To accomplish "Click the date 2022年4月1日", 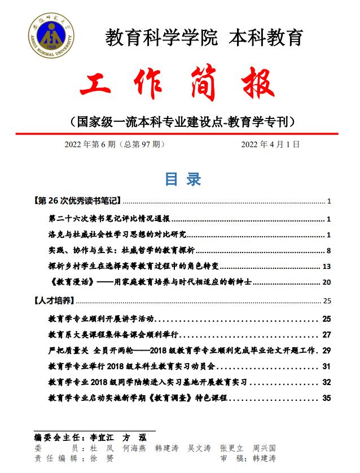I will click(x=270, y=144).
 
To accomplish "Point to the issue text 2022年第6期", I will click(x=90, y=144).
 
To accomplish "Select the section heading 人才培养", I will click(x=55, y=300).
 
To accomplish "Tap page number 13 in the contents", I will click(x=326, y=267).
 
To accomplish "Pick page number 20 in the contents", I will click(x=326, y=282).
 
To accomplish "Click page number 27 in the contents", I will click(x=326, y=334).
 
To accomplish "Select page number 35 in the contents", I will click(x=326, y=398).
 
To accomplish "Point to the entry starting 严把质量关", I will click(x=68, y=350).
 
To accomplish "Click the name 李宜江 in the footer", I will click(x=101, y=437).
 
